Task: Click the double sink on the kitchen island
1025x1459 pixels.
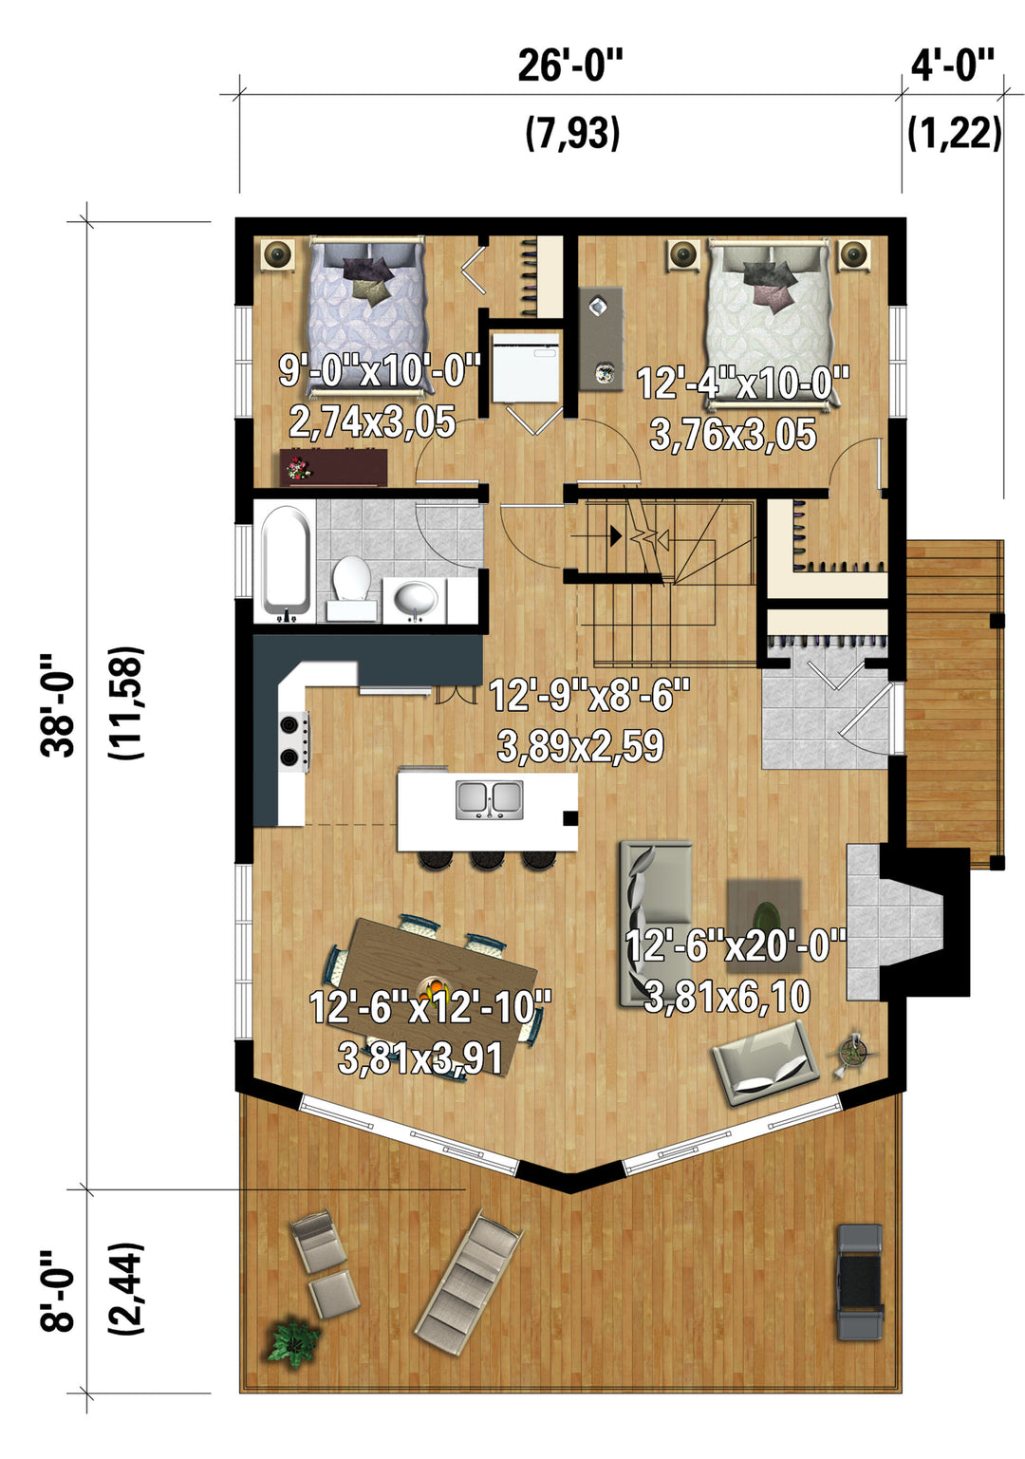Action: (489, 799)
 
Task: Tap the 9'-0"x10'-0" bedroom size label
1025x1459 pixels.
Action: (380, 370)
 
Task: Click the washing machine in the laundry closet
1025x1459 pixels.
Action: (526, 368)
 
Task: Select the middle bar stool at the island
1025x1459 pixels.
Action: (486, 859)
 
